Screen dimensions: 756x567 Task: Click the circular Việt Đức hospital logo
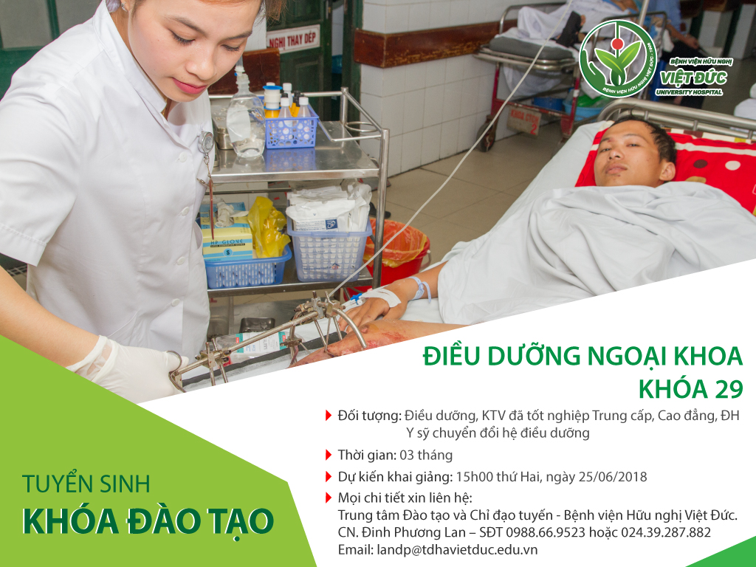click(618, 59)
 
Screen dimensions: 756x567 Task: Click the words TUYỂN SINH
click(86, 484)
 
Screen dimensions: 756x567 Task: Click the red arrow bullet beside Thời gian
click(329, 455)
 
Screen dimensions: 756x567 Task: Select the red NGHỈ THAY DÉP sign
click(292, 39)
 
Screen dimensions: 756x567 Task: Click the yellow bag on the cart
click(267, 227)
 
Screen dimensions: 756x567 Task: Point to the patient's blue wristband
click(420, 289)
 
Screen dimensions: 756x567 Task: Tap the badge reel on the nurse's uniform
click(207, 141)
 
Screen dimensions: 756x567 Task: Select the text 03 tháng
click(426, 455)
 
